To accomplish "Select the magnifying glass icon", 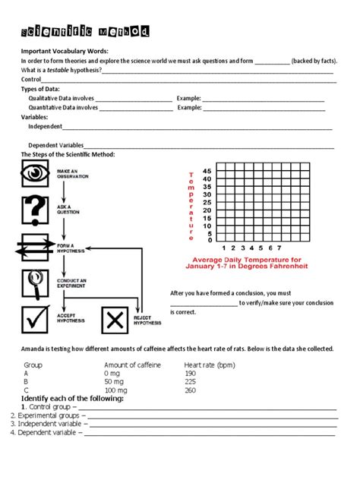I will pyautogui.click(x=36, y=284).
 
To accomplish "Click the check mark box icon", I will pyautogui.click(x=36, y=320).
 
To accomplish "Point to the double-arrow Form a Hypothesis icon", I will pyautogui.click(x=36, y=247).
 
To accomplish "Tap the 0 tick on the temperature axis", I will pyautogui.click(x=208, y=240).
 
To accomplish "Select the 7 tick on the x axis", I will pyautogui.click(x=279, y=248).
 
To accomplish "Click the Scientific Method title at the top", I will pyautogui.click(x=84, y=31).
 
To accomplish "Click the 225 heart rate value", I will pyautogui.click(x=190, y=382).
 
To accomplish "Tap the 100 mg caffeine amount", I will pyautogui.click(x=116, y=390).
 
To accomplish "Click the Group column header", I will pyautogui.click(x=33, y=365).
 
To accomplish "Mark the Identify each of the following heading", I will pyautogui.click(x=72, y=399).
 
